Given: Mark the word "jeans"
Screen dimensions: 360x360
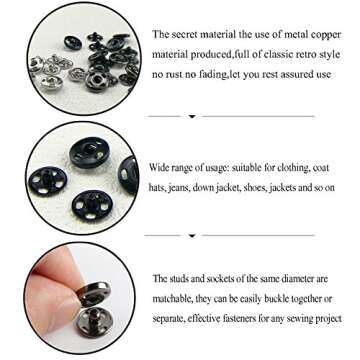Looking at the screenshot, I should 190,187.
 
